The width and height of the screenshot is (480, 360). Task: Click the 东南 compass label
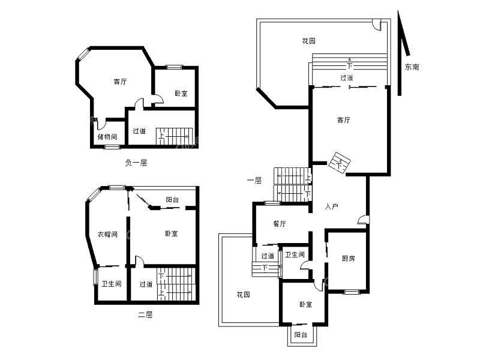(x=412, y=67)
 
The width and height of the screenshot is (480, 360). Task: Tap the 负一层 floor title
(x=136, y=163)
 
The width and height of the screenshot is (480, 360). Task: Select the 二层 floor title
(x=145, y=314)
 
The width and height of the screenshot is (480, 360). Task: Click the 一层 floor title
(x=254, y=181)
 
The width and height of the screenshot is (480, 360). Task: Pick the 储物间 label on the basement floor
(x=107, y=137)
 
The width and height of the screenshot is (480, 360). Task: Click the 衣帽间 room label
(x=107, y=234)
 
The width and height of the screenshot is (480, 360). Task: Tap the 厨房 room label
(x=349, y=259)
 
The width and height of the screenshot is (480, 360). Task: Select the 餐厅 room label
(x=280, y=224)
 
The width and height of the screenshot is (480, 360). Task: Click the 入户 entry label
(x=332, y=206)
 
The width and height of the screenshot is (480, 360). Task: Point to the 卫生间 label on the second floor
(x=112, y=284)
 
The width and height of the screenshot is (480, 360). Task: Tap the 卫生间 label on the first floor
(x=295, y=254)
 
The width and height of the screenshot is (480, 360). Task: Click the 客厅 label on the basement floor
(x=120, y=82)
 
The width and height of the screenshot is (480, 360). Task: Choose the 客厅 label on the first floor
(x=343, y=119)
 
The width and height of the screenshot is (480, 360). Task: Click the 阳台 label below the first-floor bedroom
(x=301, y=335)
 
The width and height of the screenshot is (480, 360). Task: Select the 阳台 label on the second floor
(x=172, y=200)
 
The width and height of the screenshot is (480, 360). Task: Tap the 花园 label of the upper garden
(x=308, y=41)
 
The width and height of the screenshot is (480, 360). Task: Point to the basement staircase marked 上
(x=175, y=136)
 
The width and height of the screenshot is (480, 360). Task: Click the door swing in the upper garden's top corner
(x=376, y=25)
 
